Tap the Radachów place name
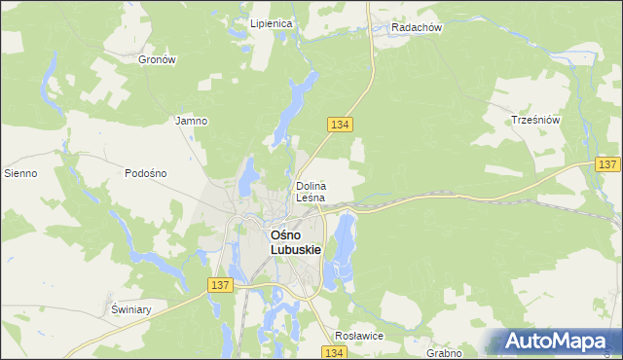417,28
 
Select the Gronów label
157,59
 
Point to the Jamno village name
190,122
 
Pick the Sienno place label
20,173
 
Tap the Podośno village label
146,173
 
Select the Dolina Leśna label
311,192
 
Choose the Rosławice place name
359,335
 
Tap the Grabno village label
443,353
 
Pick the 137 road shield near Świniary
220,284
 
